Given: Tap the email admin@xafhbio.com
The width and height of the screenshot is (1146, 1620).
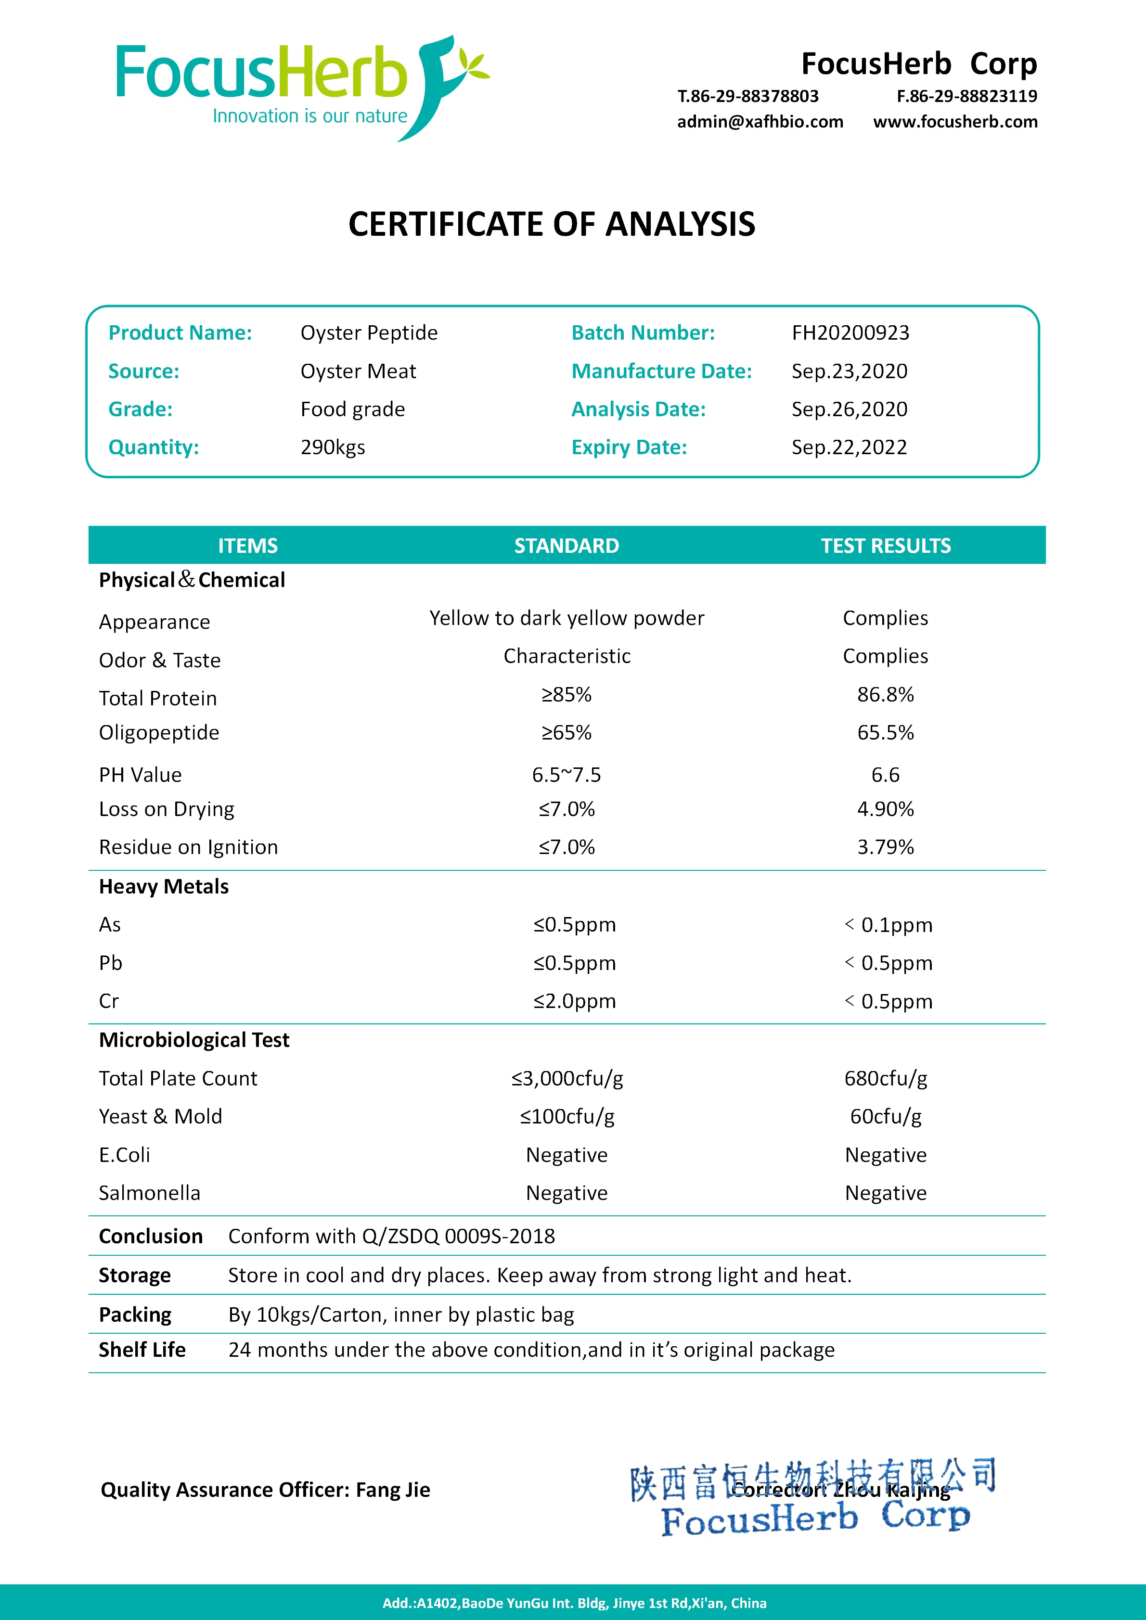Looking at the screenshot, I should pos(760,122).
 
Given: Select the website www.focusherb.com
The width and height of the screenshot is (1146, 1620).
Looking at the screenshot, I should pos(955,122).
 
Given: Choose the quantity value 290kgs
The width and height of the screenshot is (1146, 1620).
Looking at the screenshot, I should pos(333,447).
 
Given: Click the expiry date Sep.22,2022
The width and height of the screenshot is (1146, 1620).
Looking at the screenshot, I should pos(849,447).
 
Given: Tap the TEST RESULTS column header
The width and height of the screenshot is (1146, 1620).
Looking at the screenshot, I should pos(885,546).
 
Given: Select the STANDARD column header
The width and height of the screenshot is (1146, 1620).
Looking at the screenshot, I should pos(566,546).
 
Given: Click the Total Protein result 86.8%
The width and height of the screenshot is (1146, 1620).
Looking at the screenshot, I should pos(885,695).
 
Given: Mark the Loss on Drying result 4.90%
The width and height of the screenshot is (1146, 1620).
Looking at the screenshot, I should pos(885,809).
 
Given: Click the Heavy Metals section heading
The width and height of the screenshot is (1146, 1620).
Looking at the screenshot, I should pos(164,887).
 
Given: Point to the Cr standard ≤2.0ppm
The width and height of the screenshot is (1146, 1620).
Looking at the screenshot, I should pos(574,1001).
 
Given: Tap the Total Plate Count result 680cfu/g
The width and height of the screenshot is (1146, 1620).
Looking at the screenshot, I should pos(885,1078).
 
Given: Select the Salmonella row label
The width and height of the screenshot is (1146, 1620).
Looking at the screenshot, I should pos(150,1193).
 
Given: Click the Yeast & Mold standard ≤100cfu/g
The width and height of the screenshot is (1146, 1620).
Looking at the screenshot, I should pos(567,1116).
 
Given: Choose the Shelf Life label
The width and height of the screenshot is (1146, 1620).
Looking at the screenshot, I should pos(142,1350).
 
